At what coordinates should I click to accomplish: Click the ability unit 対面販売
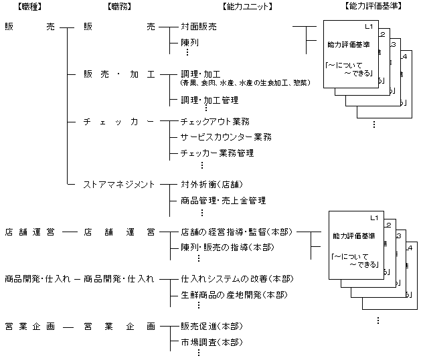199,27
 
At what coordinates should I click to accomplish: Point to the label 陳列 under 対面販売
189,42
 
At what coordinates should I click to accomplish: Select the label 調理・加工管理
209,100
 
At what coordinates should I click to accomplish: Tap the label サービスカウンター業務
224,137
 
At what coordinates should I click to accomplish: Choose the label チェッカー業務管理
217,153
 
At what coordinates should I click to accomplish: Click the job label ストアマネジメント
119,184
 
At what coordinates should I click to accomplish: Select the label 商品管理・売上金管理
224,200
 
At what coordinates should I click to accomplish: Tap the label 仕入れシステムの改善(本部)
237,278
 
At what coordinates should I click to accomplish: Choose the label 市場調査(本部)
212,342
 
